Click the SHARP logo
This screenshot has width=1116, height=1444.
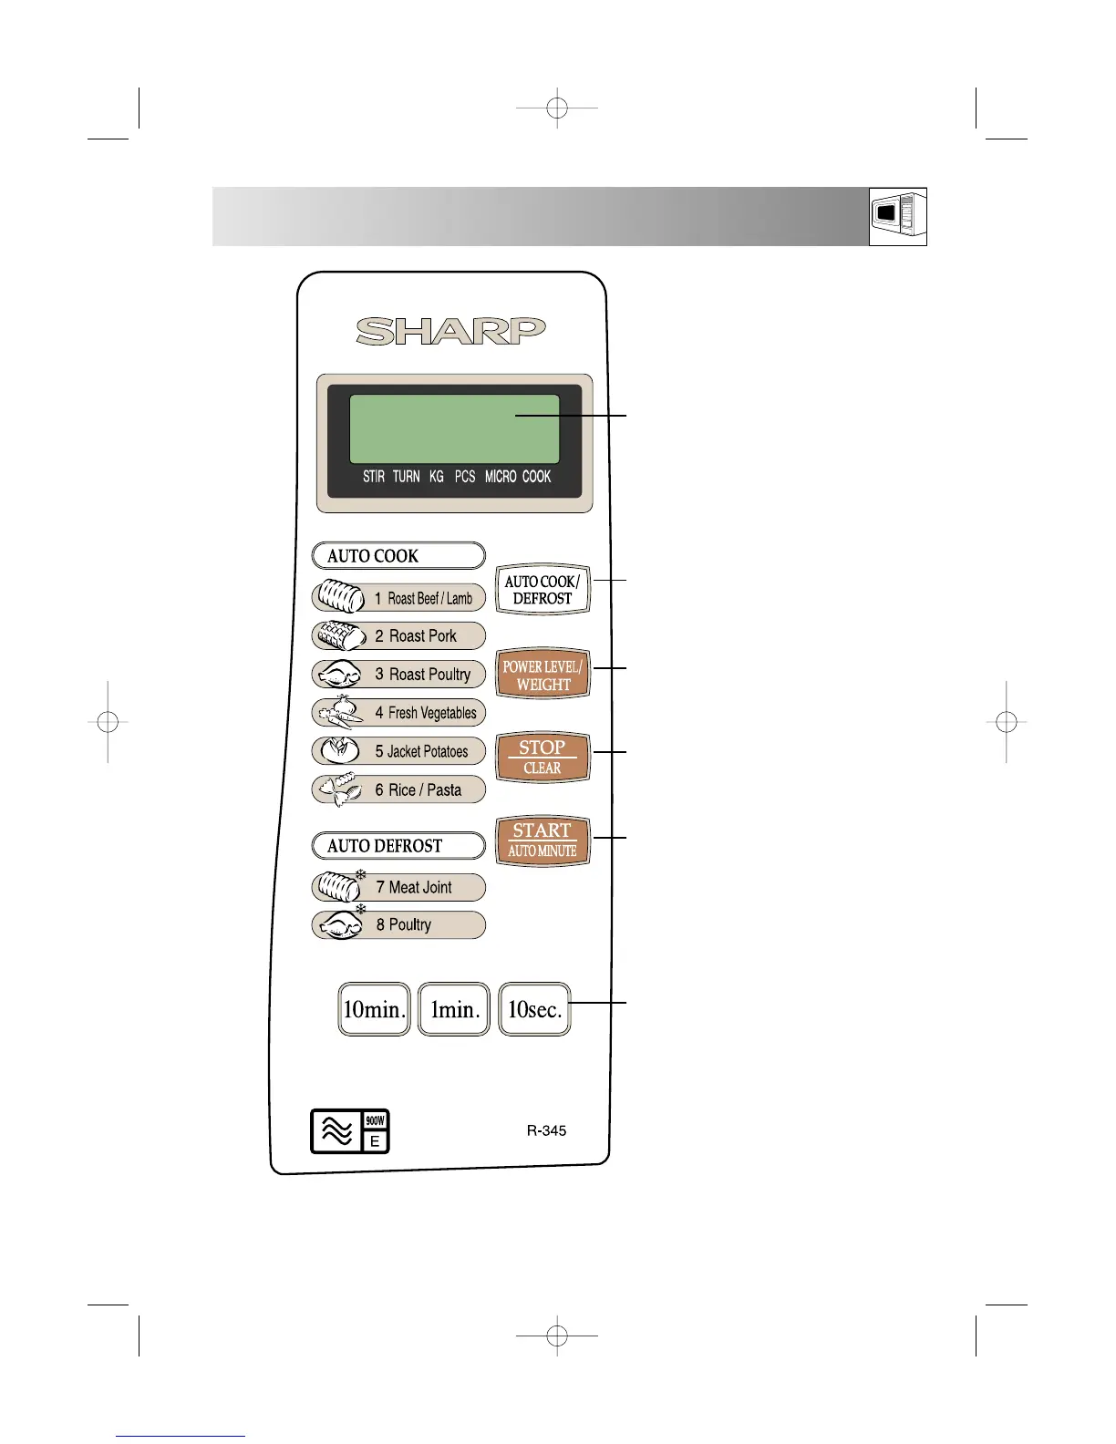[450, 331]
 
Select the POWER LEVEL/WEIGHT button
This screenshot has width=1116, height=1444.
[542, 675]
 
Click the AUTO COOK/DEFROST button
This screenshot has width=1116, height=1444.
[542, 590]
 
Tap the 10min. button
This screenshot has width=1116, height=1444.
[374, 1009]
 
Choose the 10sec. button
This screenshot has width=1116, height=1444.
[534, 1009]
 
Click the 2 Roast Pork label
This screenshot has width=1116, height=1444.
[416, 636]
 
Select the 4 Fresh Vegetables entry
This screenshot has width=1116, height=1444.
[426, 713]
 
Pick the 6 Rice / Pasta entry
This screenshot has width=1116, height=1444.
[418, 790]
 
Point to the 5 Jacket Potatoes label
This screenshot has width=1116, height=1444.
[421, 752]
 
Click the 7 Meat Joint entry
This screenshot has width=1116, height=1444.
[414, 888]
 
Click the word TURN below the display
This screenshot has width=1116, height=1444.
[406, 477]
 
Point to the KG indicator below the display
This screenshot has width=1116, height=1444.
[437, 477]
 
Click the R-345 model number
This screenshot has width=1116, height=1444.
[546, 1130]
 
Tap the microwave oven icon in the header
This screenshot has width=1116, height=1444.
[897, 216]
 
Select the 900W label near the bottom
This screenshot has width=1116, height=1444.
[375, 1120]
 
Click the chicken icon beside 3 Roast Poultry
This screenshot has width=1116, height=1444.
[340, 676]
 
